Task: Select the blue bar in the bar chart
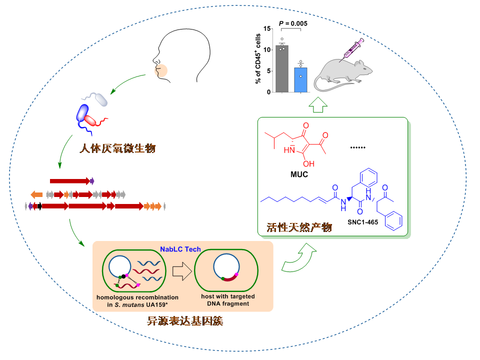click(300, 80)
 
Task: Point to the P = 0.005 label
click(293, 23)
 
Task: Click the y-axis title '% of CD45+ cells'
click(258, 59)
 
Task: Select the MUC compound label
click(299, 174)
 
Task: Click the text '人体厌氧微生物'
click(118, 148)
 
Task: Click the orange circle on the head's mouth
click(162, 69)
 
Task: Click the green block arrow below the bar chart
click(318, 105)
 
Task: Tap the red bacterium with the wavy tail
click(92, 121)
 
